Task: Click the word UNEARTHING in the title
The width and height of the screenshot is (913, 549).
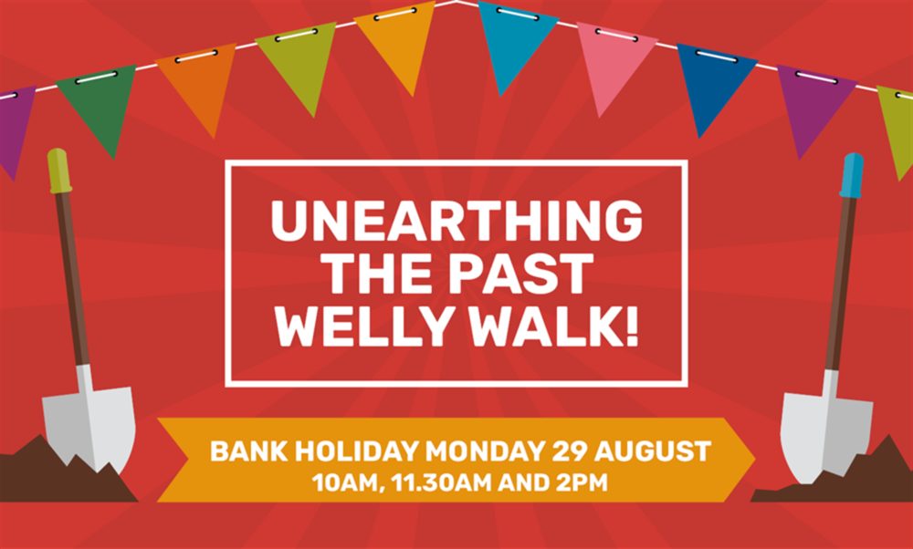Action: point(456,221)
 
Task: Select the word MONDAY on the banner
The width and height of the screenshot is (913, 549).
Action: point(484,452)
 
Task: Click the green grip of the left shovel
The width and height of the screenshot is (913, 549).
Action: point(58,171)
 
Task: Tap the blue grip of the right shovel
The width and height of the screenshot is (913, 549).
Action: point(852,174)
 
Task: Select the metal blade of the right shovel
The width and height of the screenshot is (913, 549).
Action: point(825,423)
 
